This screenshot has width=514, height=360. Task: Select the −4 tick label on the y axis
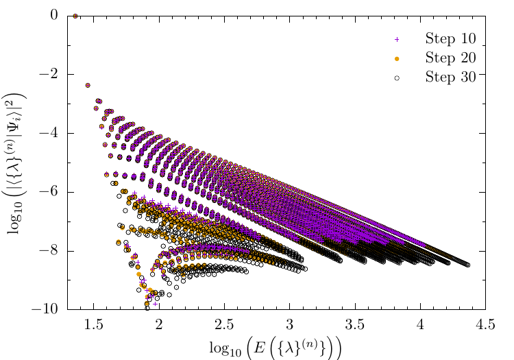pos(56,134)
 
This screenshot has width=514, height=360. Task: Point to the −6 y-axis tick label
pos(56,193)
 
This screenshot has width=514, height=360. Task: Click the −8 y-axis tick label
pos(56,252)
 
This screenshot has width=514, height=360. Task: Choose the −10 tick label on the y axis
pos(52,311)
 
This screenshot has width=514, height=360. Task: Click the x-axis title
pos(276,346)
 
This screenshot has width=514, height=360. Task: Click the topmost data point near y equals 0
pos(75,16)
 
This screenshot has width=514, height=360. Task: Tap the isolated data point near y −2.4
pos(88,86)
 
